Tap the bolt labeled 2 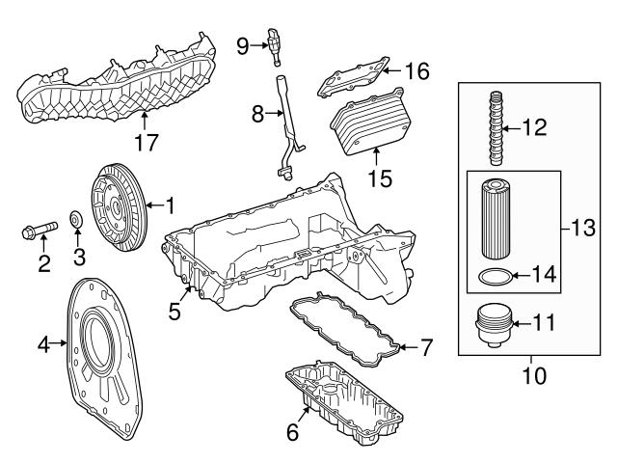coord(39,231)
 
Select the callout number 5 coord(174,311)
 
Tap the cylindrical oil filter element coord(496,220)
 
